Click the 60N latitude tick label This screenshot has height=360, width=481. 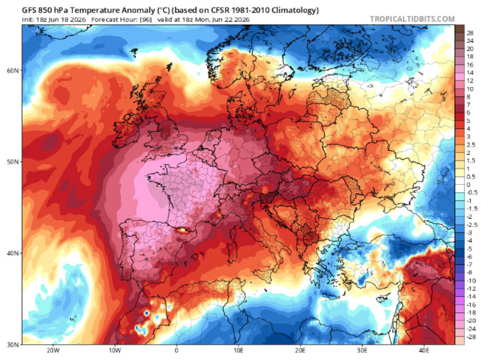point(12,70)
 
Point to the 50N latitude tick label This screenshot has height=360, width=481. point(12,162)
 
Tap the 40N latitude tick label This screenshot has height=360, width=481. point(12,253)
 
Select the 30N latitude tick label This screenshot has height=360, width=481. point(12,344)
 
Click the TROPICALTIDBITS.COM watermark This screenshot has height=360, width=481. point(412,19)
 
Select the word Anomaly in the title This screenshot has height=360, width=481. point(139,10)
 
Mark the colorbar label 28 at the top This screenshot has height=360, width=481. point(470,33)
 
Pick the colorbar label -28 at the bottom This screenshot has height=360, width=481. point(471,337)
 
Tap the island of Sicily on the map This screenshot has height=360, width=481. point(263,274)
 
